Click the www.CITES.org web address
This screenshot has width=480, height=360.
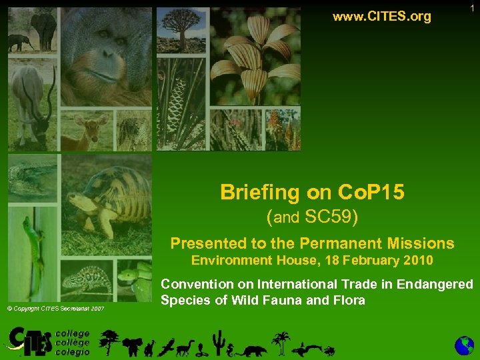[x=381, y=16]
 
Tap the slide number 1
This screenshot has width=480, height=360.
[x=472, y=8]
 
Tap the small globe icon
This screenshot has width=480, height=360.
[x=464, y=345]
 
